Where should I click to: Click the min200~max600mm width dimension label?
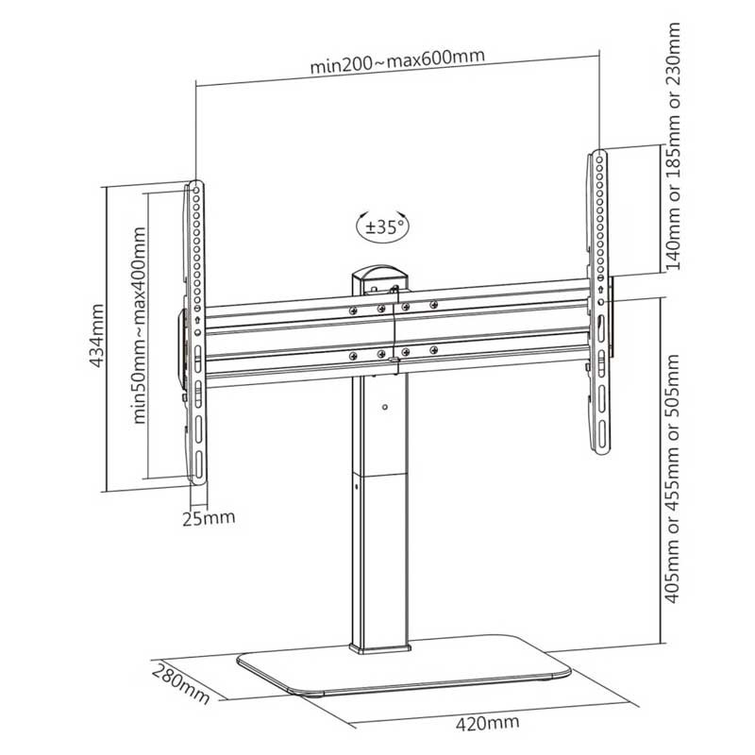tap(397, 61)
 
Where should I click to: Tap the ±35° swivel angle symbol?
tap(383, 226)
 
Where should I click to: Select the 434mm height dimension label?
tap(97, 335)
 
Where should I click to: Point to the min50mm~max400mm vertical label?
tap(140, 325)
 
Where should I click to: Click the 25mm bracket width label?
tap(209, 518)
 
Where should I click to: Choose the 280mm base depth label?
tap(181, 683)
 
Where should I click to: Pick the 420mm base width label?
tap(487, 722)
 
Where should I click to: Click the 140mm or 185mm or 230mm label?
tap(672, 146)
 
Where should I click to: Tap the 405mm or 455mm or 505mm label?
tap(672, 478)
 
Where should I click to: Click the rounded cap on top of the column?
tap(380, 277)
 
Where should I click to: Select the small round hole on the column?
tap(384, 408)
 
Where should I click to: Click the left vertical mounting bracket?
tap(196, 332)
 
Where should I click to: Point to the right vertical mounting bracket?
tap(599, 302)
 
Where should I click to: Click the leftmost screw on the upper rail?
tap(353, 310)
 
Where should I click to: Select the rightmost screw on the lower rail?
tap(434, 349)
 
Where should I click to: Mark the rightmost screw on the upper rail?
tap(434, 304)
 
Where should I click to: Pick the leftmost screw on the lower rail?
tap(353, 356)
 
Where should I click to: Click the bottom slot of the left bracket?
tap(199, 463)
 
